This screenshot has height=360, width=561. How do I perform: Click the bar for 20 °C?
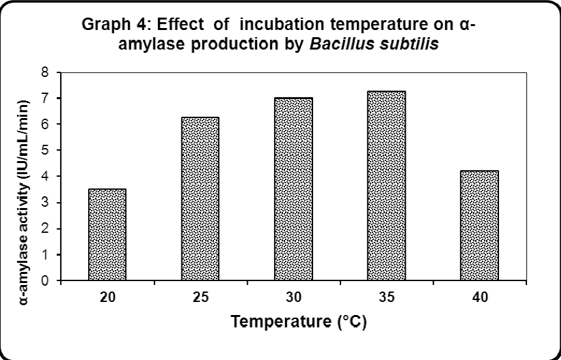click(x=107, y=235)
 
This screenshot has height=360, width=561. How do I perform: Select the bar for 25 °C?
click(x=200, y=199)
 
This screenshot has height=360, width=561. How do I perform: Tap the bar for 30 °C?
click(x=294, y=189)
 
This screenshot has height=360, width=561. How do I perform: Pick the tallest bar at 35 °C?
click(x=386, y=186)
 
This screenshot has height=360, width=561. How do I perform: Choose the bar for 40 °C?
click(x=479, y=226)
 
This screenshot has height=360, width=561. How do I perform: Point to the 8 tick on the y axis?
click(x=46, y=72)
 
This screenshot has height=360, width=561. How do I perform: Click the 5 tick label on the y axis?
click(x=46, y=151)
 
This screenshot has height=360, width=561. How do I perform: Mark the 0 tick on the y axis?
click(x=46, y=281)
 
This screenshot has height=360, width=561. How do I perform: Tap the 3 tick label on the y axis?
click(x=46, y=203)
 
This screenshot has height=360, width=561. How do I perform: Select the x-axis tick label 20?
click(x=107, y=298)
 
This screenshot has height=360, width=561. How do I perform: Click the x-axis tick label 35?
click(x=386, y=298)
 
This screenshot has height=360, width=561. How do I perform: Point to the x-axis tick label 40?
click(x=479, y=298)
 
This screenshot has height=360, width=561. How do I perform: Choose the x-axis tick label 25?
click(x=200, y=298)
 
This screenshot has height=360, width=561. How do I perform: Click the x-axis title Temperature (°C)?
click(x=294, y=322)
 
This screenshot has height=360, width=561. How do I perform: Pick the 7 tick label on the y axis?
click(x=46, y=98)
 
